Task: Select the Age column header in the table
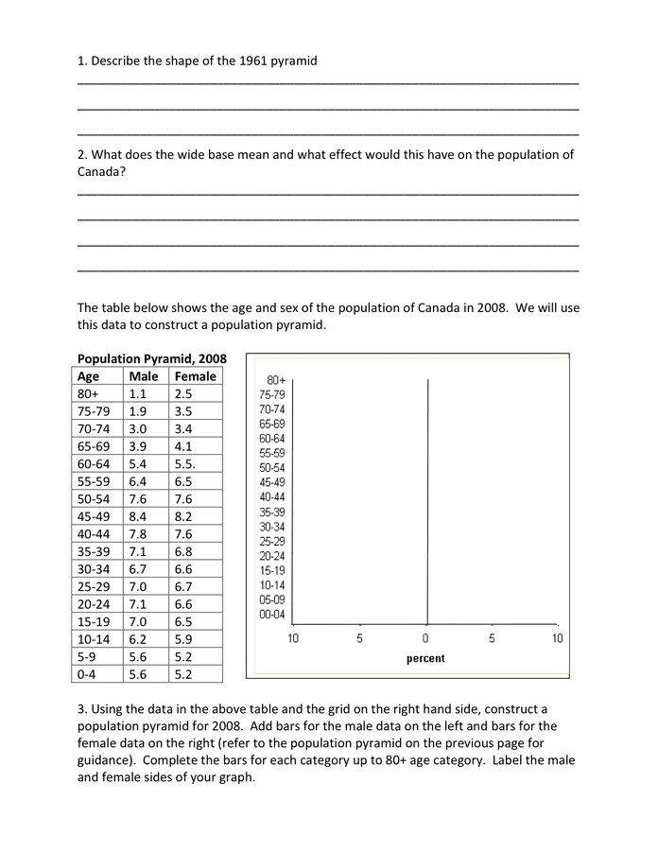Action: [89, 376]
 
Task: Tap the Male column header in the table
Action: [144, 376]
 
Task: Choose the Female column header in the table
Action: [195, 376]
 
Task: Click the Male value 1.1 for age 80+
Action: [138, 393]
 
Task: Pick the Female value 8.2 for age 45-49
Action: [183, 516]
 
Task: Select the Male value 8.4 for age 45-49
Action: [138, 516]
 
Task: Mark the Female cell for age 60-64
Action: [185, 463]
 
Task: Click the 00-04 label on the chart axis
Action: [271, 615]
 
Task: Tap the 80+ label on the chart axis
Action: [276, 381]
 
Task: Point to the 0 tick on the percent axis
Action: [425, 638]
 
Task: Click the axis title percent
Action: [425, 658]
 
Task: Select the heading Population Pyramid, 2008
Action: [151, 359]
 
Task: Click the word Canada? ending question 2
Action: [101, 172]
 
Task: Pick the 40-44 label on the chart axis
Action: [271, 497]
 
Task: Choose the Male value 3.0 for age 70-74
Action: [138, 428]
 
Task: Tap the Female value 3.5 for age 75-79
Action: [183, 411]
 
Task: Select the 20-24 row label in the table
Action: [93, 604]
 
